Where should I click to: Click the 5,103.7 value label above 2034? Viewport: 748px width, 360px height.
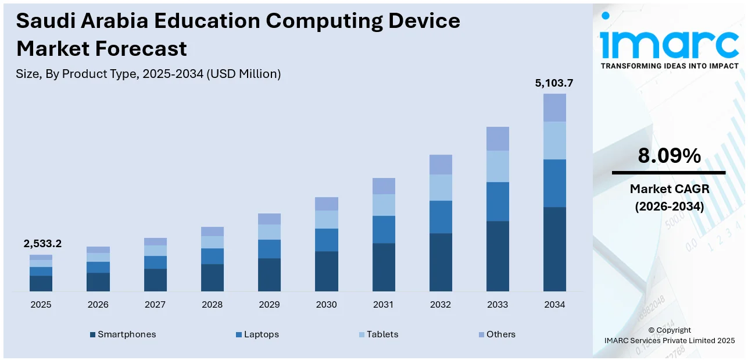tap(554, 83)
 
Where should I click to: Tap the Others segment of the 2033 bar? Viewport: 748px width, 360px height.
tap(498, 138)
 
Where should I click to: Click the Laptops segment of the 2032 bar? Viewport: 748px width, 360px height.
tap(441, 217)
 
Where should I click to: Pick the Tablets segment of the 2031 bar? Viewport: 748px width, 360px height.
tap(384, 205)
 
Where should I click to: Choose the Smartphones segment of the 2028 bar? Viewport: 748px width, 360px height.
tap(212, 277)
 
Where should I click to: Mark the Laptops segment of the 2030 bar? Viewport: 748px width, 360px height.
tap(326, 240)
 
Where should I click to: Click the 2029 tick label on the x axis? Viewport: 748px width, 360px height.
tap(269, 305)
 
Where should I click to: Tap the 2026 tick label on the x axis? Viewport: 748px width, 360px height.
tap(98, 305)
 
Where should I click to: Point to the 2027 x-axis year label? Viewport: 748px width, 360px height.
tap(155, 305)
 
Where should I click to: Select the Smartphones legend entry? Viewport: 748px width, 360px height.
tap(123, 334)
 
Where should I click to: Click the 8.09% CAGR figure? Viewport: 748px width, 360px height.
tap(669, 156)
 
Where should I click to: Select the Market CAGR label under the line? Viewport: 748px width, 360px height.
tap(669, 189)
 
